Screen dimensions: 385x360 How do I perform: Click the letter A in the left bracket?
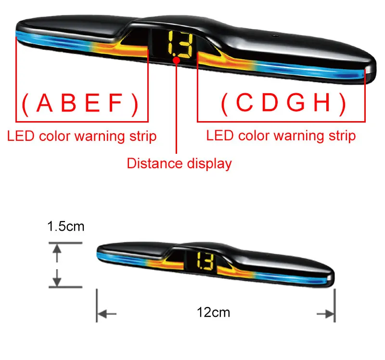tap(44, 103)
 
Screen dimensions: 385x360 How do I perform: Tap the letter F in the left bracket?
tap(115, 103)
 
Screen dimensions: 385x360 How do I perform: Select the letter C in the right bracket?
tap(244, 102)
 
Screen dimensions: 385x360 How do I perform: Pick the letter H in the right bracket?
tap(322, 102)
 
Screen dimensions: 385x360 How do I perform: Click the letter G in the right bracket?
tap(295, 102)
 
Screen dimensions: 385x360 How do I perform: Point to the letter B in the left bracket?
tap(68, 103)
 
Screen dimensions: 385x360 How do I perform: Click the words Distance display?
tap(179, 164)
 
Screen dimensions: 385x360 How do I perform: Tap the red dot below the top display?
tap(176, 60)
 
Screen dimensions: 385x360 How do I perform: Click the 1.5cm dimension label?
tap(66, 226)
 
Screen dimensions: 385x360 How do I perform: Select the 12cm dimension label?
tap(213, 312)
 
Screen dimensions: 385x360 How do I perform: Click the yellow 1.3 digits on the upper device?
tap(180, 44)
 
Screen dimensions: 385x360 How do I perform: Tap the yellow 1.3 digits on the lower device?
tap(205, 261)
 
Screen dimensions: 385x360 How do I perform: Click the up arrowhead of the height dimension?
tap(57, 249)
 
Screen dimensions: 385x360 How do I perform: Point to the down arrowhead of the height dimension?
tap(57, 281)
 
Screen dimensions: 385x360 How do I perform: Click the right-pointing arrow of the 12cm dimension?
tap(326, 314)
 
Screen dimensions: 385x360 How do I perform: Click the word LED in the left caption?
tap(21, 136)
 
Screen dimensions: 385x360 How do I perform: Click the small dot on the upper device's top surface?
tap(275, 36)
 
